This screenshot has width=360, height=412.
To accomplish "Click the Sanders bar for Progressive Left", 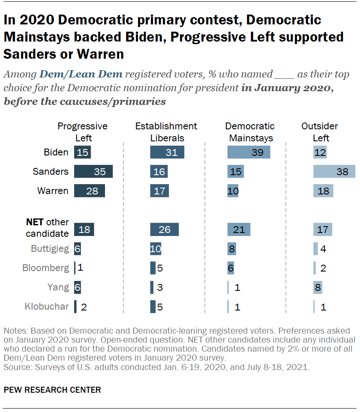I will [93, 171].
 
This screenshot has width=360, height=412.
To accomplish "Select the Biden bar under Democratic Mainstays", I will [249, 152].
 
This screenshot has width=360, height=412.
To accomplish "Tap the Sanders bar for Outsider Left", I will [334, 171].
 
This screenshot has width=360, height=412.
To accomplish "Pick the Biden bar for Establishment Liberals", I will [167, 152].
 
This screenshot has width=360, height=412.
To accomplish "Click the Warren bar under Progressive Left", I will [89, 191].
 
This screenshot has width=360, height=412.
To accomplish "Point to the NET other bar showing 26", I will [164, 230].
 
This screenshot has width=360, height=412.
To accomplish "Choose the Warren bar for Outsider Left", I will [323, 191].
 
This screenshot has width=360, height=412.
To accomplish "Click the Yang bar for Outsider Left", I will [318, 287].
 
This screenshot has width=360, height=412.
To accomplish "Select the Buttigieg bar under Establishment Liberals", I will [156, 249].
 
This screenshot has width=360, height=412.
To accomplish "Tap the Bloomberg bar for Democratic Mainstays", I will [231, 268].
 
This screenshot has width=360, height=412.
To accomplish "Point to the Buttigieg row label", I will [50, 248].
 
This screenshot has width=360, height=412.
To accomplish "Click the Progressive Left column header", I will [82, 132].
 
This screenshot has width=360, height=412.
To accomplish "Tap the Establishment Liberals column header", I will [166, 132].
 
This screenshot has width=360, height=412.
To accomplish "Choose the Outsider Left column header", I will [320, 132].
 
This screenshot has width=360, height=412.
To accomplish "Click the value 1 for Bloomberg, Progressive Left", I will [80, 268].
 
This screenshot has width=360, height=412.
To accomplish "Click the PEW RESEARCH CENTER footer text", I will [52, 390].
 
